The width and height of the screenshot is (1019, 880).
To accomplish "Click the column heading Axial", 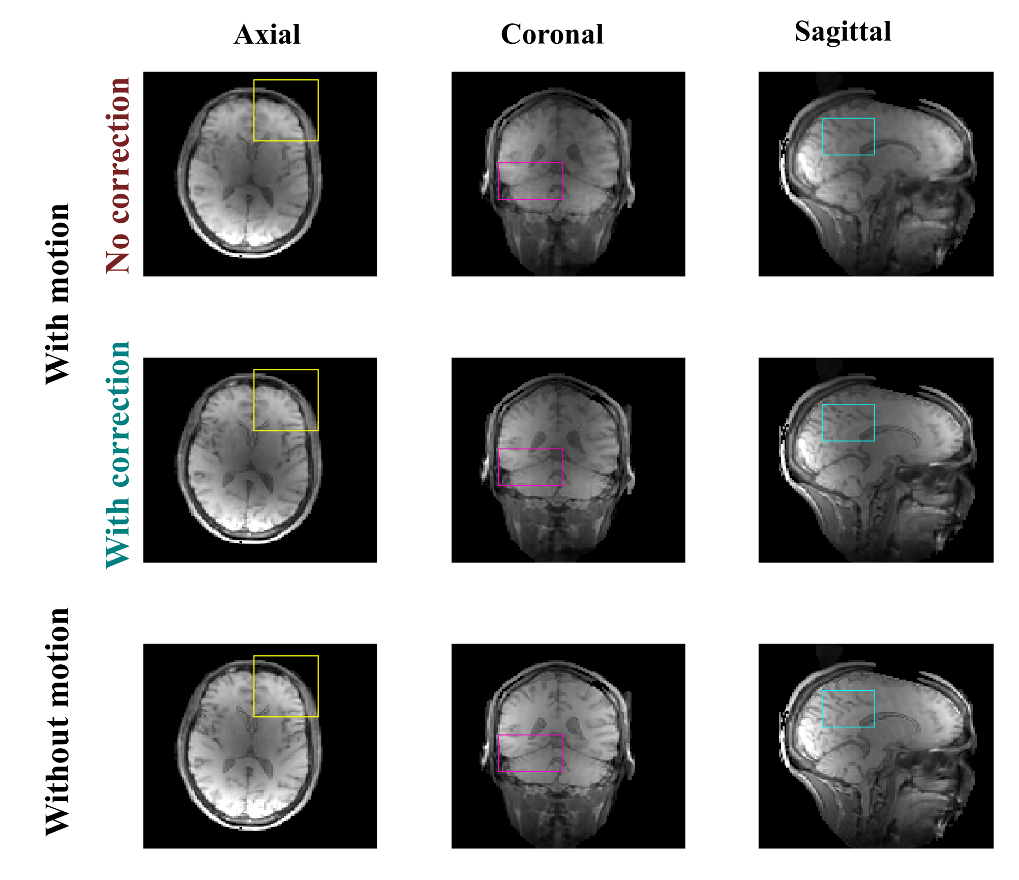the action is coord(267,35).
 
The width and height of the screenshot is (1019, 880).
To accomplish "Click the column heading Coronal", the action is coord(552,35).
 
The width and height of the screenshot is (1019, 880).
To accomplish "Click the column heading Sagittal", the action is coord(843,32).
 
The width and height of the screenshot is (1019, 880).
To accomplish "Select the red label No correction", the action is coord(117,175).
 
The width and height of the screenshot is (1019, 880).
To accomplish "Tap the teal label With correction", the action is coord(117,455).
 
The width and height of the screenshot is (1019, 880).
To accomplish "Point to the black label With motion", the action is coord(57,294).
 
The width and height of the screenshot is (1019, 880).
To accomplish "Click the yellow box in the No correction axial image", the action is coord(286,110).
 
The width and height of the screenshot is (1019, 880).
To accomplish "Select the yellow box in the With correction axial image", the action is coord(286,400).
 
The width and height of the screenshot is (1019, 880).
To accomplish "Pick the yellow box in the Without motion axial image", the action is coord(286,686).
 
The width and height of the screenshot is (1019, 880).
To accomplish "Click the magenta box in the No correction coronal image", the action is coord(530,181).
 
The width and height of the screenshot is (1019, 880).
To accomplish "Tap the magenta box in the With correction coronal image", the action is coord(530,467).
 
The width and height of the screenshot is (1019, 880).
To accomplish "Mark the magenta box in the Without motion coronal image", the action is coord(530,753).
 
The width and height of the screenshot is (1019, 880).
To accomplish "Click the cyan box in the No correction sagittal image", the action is coord(848,136).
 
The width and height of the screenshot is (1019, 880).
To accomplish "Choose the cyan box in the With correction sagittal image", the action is coord(848,422).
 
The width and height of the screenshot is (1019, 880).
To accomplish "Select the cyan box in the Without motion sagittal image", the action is coord(848,709).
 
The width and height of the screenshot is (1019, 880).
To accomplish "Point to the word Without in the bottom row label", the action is coord(57,777).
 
